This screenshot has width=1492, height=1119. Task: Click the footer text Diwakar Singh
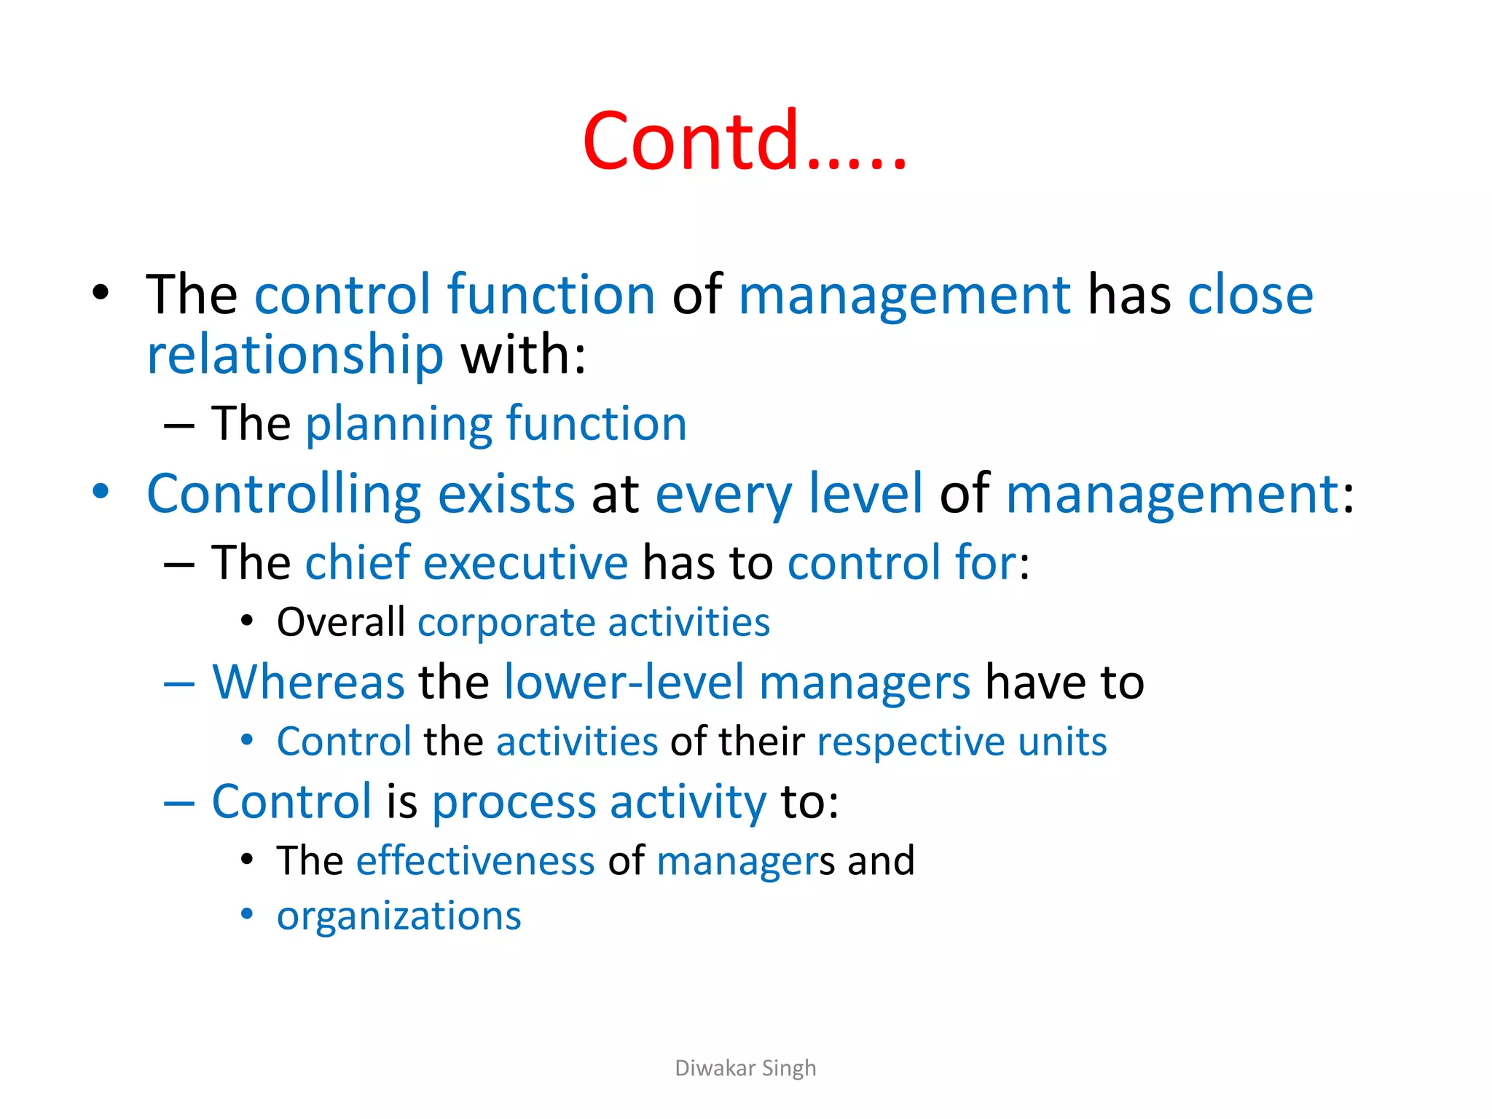pos(745,1068)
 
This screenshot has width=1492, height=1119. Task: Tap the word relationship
pos(295,356)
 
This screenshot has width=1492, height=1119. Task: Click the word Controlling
pos(283,495)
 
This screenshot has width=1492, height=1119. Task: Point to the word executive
pos(525,563)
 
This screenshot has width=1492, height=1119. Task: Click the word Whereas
pos(308,683)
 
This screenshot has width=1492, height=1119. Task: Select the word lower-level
pos(624,683)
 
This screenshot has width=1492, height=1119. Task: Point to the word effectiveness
pos(475,861)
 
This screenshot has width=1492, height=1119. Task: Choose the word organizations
pos(399,916)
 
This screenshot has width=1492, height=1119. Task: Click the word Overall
pos(340,623)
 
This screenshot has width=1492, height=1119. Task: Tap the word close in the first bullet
pos(1250,295)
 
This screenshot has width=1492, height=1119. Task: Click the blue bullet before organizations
pos(247,914)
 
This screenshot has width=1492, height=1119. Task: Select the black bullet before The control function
pos(101,294)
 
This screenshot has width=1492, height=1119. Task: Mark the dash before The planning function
pos(179,425)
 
